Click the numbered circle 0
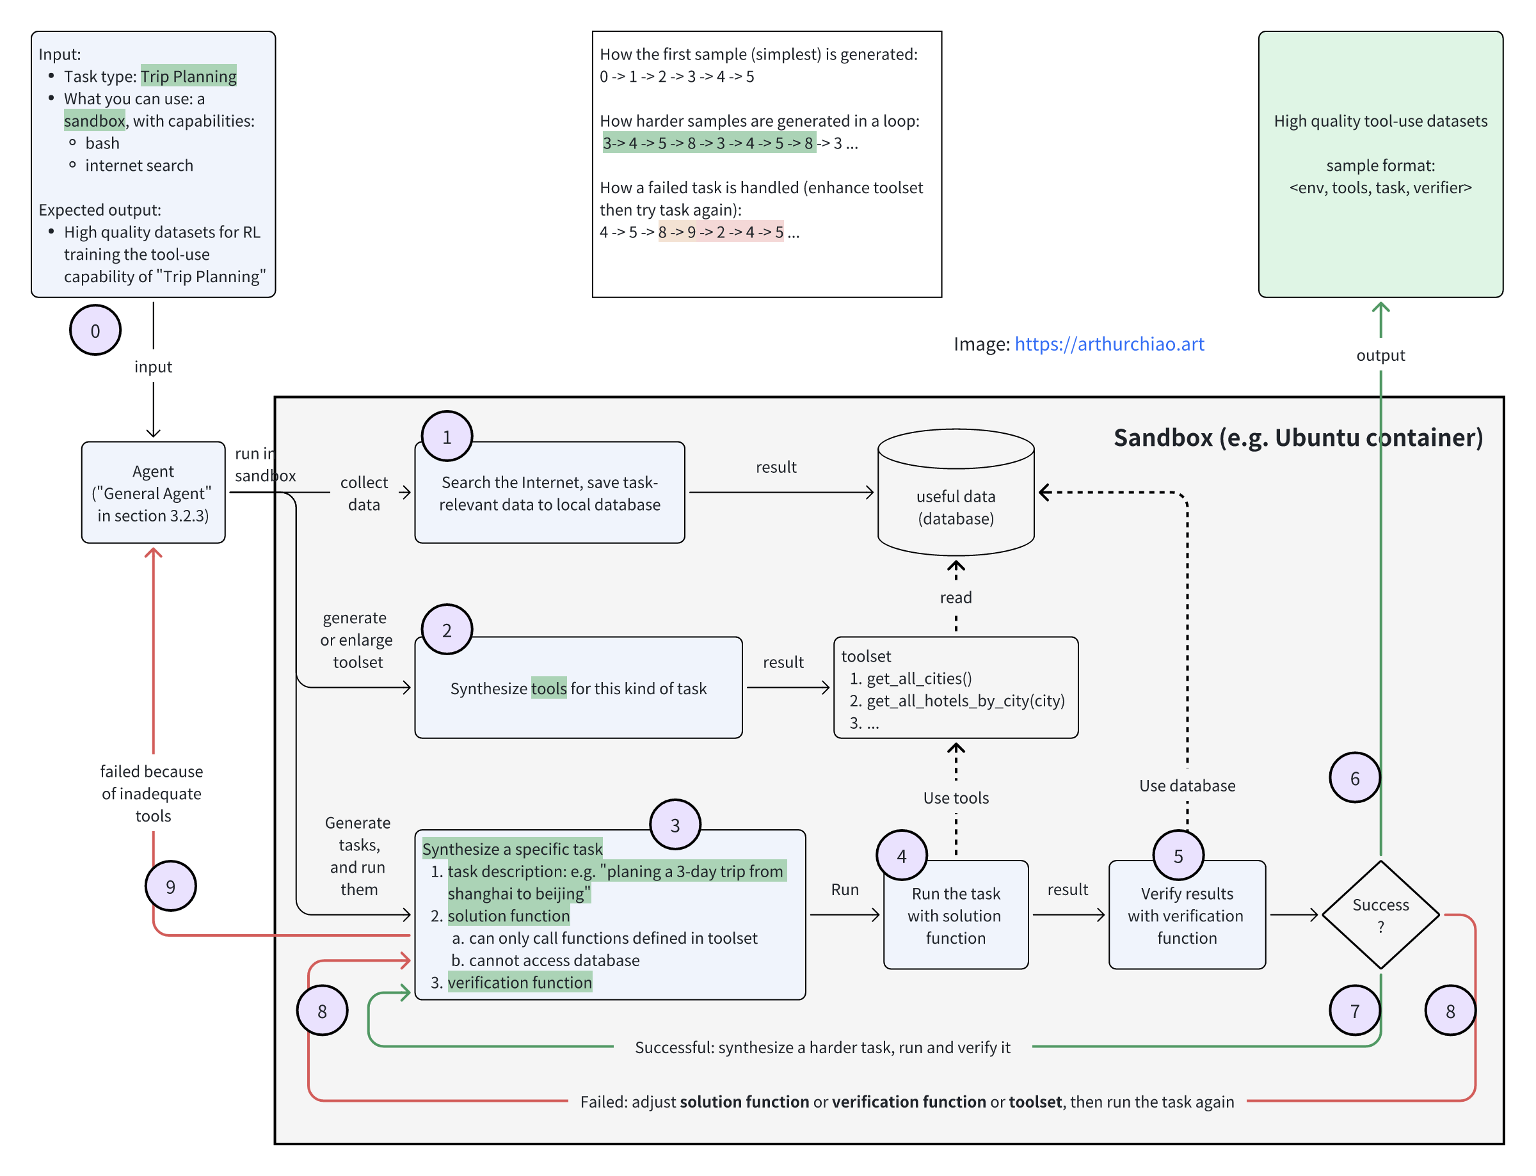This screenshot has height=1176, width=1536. click(95, 330)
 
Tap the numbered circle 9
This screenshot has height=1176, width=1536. click(170, 886)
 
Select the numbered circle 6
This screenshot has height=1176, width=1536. click(1354, 777)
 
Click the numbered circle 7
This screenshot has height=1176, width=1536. click(1354, 1010)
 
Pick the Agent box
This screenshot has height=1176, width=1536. click(154, 493)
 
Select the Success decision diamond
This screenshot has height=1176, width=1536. click(1380, 915)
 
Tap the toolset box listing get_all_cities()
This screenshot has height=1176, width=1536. click(956, 687)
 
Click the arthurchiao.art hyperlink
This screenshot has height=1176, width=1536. click(1109, 344)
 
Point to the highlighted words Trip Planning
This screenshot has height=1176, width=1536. click(188, 76)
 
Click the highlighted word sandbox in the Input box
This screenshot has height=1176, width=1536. click(95, 120)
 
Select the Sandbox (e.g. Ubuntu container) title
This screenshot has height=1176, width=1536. click(1297, 438)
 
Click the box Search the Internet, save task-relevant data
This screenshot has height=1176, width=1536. click(550, 493)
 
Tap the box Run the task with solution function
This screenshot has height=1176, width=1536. click(956, 915)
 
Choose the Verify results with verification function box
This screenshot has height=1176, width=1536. click(1187, 915)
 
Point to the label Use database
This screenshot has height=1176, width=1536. click(1187, 786)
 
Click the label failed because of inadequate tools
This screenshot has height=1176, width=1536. click(152, 793)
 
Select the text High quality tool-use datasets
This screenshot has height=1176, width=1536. click(1380, 121)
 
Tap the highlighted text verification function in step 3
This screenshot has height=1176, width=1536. click(520, 982)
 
